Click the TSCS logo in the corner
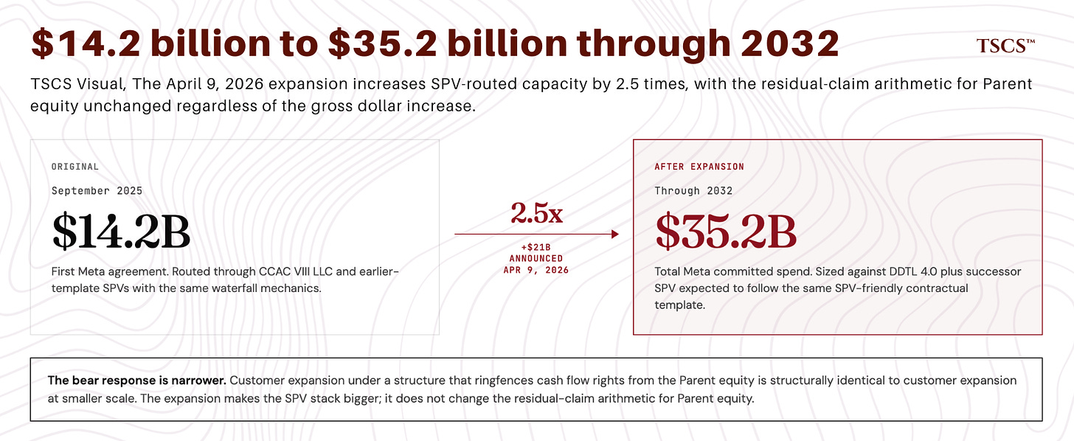tap(1005, 46)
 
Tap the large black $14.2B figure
tap(121, 232)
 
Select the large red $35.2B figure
tap(725, 232)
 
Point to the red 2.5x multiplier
tap(536, 213)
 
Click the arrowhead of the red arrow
tap(615, 234)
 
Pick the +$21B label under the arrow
tap(536, 247)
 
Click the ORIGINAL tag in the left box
tap(75, 167)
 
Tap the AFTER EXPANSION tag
tap(699, 167)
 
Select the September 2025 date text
tap(97, 191)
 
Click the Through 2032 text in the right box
tap(693, 191)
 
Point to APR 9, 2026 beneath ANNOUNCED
tap(536, 271)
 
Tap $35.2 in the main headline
tap(383, 44)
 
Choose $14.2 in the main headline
tap(86, 44)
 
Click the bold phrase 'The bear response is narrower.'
tap(136, 381)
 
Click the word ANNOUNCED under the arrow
tap(536, 259)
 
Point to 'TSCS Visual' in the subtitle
tap(78, 84)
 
